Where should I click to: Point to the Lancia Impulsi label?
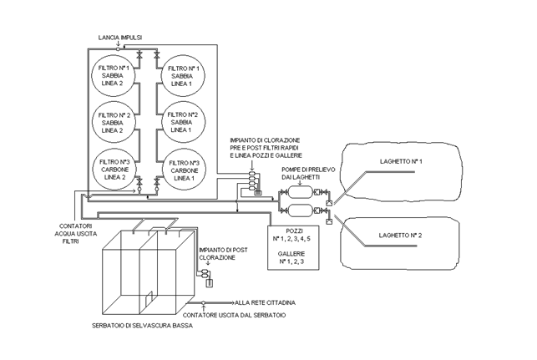tap(120, 38)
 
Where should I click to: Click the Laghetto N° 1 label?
tap(401, 161)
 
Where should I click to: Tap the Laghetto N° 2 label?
tap(400, 236)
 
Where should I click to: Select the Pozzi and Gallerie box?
tap(293, 247)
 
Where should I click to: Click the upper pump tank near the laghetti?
tap(301, 192)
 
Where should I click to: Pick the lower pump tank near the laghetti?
tap(301, 210)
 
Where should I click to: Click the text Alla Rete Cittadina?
tap(265, 303)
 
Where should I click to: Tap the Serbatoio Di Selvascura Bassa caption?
tap(142, 326)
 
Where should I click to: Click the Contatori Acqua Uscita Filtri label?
tap(76, 234)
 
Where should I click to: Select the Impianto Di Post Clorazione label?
tap(223, 254)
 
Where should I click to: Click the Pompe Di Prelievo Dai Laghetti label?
tap(308, 174)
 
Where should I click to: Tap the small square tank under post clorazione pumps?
tap(209, 283)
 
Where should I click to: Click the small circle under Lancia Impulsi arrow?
tap(118, 49)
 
